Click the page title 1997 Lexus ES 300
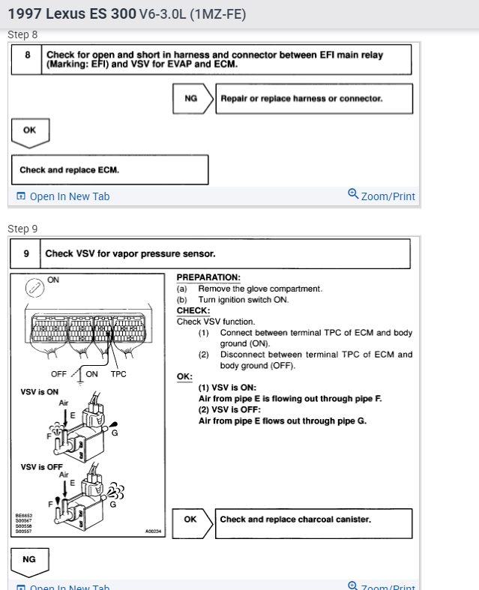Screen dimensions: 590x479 [72, 14]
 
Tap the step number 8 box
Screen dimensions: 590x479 [27, 59]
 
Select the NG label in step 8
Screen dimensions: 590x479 [191, 98]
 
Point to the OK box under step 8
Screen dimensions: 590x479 [30, 130]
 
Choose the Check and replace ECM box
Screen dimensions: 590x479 [109, 170]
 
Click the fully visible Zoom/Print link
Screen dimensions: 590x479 [382, 196]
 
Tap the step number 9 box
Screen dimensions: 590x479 [26, 253]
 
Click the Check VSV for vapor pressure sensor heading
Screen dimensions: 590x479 [130, 253]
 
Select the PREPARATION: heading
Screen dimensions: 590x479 [208, 277]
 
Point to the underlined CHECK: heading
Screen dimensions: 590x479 [193, 310]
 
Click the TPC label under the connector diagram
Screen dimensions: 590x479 [119, 374]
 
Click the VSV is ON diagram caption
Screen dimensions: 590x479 [39, 391]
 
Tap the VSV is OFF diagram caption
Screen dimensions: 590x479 [41, 466]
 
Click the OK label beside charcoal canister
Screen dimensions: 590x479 [190, 520]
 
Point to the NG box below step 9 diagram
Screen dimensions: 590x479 [30, 559]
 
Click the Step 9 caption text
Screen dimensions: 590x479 [22, 229]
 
